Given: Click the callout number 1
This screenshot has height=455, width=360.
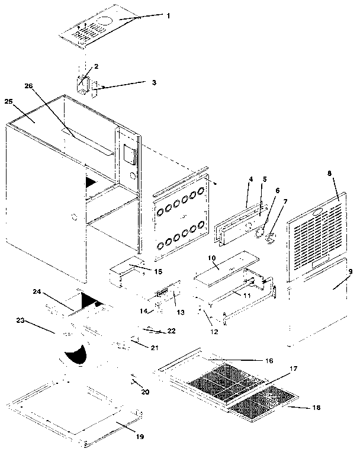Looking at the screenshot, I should pyautogui.click(x=168, y=15).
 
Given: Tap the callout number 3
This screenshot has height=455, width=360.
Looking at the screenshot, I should pyautogui.click(x=153, y=82).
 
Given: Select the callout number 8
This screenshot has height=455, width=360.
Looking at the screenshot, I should pyautogui.click(x=330, y=174).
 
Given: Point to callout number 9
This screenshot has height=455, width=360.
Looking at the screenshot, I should pyautogui.click(x=351, y=271).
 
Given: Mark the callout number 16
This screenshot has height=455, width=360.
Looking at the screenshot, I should pyautogui.click(x=268, y=360).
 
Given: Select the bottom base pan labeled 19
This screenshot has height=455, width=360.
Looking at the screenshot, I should pyautogui.click(x=77, y=409).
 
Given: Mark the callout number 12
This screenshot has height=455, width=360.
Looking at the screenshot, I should pyautogui.click(x=214, y=332).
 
